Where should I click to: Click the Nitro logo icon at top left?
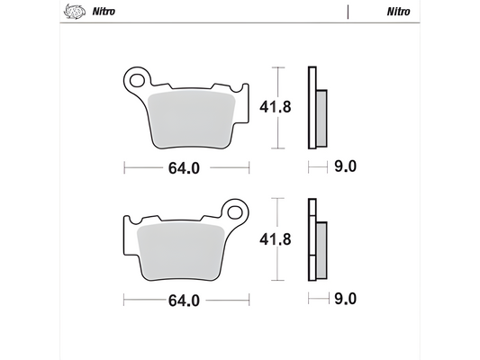pos(71,13)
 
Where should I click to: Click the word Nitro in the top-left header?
pos(100,13)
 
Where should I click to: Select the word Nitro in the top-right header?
pos(399,13)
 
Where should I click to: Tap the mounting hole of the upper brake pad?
pos(138,80)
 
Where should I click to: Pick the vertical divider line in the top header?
pos(347,13)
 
